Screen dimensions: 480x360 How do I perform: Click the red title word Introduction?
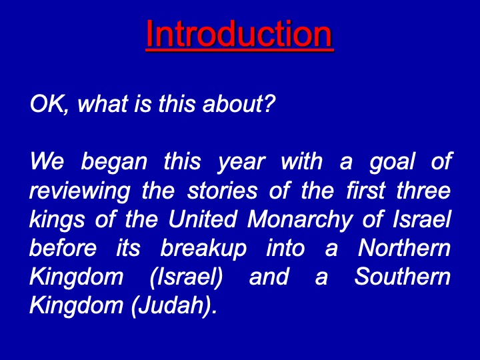[239, 34]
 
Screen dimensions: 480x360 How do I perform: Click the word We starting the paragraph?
[47, 161]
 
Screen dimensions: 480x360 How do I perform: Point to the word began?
[114, 162]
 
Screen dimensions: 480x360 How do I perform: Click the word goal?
[392, 162]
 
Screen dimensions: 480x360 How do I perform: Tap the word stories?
[222, 191]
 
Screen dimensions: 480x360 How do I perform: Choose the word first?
[365, 190]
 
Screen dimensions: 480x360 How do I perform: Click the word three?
[424, 190]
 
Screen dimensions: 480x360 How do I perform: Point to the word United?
[203, 219]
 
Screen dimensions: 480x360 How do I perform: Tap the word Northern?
[404, 248]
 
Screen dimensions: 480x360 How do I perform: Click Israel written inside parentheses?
[186, 277]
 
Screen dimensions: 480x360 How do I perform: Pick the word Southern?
[402, 277]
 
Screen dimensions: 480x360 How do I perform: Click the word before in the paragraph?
[63, 248]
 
